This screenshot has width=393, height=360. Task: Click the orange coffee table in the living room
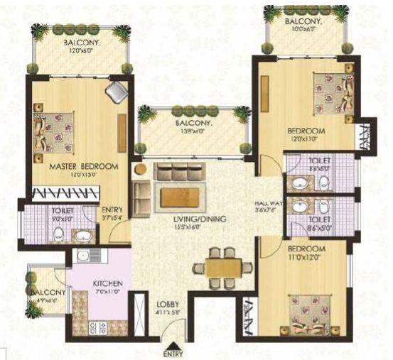[x=178, y=195]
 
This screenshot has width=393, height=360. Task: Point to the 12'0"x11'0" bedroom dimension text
[x=306, y=139]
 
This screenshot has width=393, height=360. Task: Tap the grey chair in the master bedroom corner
[x=117, y=90]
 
